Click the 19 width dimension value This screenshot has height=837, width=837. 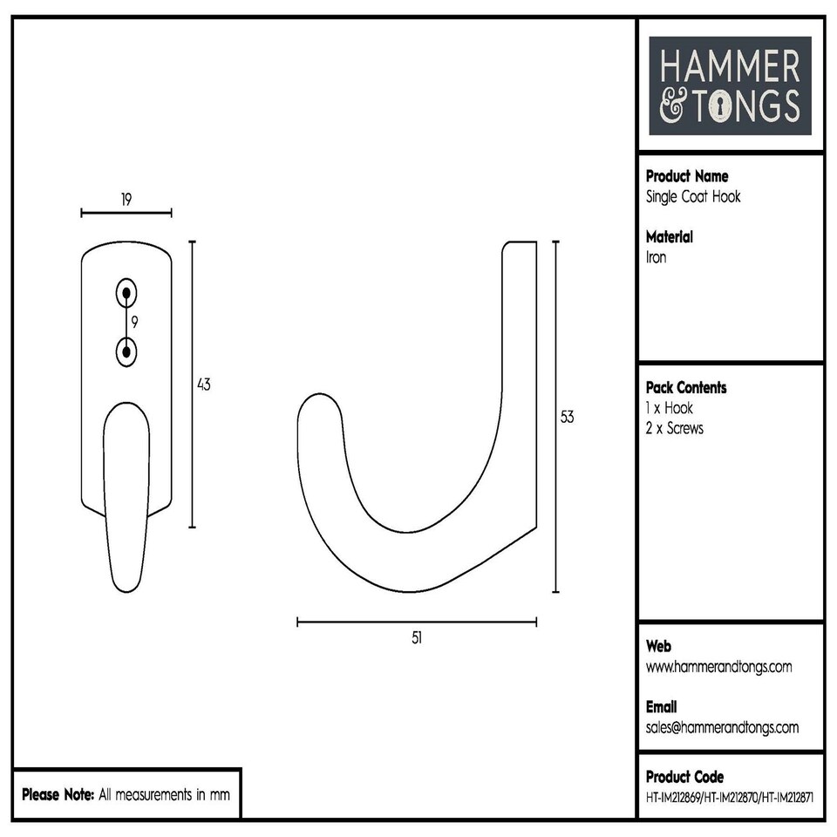pos(126,200)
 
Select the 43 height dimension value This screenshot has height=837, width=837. pos(204,384)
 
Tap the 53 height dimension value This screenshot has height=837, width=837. pos(568,417)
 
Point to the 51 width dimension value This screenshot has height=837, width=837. pos(417,637)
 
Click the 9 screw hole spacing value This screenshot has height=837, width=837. pos(134,322)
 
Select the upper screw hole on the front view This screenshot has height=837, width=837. pos(127,293)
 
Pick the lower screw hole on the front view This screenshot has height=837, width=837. pos(127,351)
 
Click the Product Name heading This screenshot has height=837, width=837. pos(687,176)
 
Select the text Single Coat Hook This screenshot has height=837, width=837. pos(693,196)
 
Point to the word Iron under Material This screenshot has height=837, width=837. pos(656,257)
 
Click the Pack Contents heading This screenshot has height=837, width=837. pos(686,387)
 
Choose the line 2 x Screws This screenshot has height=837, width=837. pos(674,428)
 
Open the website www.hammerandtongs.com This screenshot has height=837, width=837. pos(719,667)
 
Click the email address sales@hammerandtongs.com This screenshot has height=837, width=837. pos(722,727)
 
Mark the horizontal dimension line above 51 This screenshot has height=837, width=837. pos(417,622)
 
